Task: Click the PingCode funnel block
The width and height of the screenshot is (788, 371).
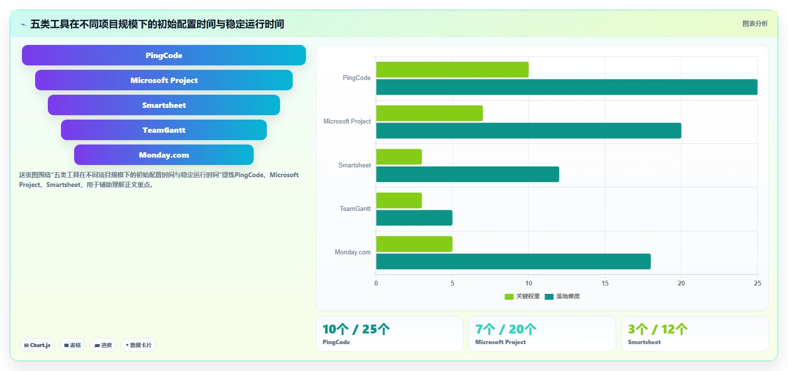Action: (163, 55)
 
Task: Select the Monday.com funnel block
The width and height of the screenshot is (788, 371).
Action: (163, 155)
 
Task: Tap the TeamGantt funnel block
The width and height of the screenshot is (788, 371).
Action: (163, 130)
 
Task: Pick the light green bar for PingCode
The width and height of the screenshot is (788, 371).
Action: (452, 70)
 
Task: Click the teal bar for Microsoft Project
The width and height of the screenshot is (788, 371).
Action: (528, 131)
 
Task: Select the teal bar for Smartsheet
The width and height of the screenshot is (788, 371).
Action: (467, 174)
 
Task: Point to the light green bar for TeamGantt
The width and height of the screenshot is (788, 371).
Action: (399, 200)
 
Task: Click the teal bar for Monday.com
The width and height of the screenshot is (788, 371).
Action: (513, 262)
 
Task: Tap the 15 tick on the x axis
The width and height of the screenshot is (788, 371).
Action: (605, 283)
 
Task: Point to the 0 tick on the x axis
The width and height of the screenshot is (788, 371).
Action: (376, 283)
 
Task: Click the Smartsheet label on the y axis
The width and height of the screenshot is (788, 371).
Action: (354, 165)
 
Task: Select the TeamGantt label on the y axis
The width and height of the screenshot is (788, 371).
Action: (355, 209)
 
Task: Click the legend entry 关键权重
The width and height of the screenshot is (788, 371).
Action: (522, 296)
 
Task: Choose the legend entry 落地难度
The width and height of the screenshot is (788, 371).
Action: (562, 296)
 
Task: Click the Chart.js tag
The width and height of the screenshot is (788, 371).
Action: (37, 345)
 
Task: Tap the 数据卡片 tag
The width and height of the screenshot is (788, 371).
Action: (138, 345)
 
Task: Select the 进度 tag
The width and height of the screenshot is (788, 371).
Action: (103, 345)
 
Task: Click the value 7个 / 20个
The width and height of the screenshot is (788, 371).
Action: (505, 329)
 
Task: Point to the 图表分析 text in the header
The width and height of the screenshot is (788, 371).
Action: (755, 23)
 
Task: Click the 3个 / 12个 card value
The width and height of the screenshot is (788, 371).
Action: (658, 329)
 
